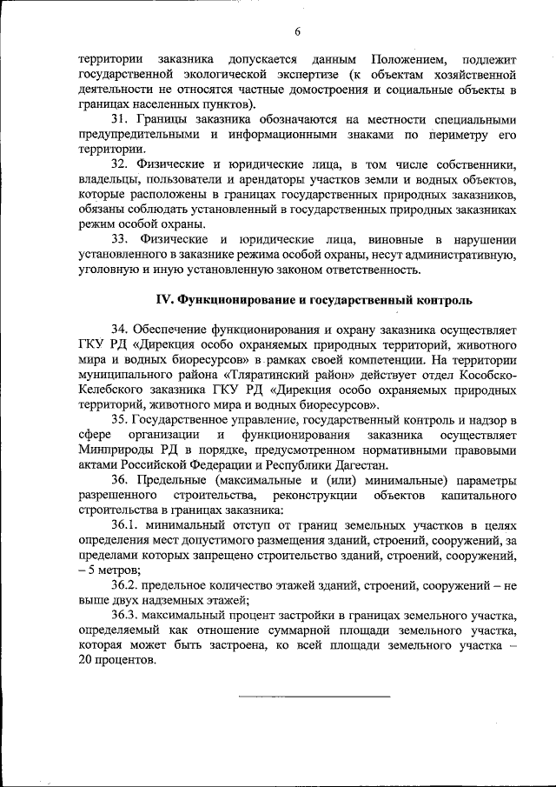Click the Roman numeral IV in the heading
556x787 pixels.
point(165,300)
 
